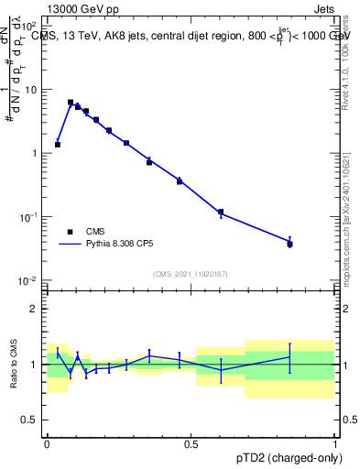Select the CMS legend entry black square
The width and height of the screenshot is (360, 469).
[68, 231]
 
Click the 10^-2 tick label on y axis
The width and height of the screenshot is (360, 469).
[30, 279]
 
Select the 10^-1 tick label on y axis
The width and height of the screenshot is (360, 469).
[30, 217]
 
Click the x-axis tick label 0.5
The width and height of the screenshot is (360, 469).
[191, 443]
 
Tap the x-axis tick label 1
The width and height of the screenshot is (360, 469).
[334, 443]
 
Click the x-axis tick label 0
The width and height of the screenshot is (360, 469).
[47, 443]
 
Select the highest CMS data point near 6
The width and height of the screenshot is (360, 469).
[71, 103]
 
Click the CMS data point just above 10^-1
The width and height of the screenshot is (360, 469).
[221, 213]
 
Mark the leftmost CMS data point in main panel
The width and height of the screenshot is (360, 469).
[58, 145]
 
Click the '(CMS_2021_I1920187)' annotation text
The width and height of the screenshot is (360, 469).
[191, 273]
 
